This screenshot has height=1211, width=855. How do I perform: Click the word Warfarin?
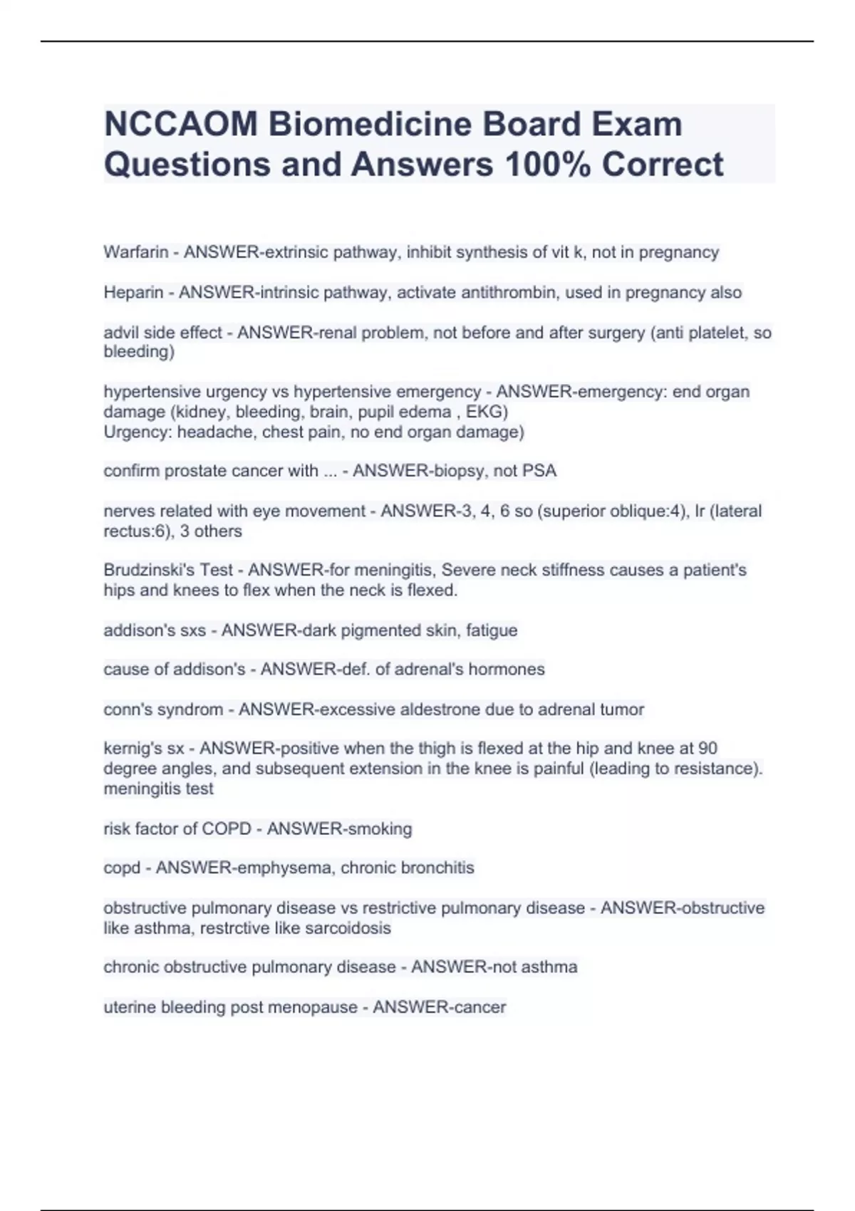tap(136, 252)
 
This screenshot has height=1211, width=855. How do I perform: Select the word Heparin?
tap(133, 293)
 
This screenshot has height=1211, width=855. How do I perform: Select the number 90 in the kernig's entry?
tap(708, 749)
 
